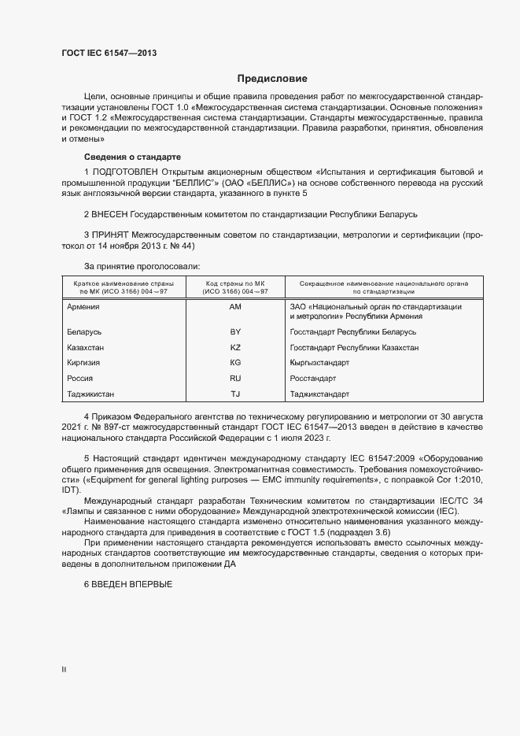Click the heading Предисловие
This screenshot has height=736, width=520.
coord(272,79)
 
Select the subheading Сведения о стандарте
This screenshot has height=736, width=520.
coord(132,157)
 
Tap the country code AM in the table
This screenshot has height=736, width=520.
coord(235,306)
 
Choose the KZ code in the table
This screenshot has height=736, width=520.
coord(235,348)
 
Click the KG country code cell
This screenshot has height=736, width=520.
coord(235,363)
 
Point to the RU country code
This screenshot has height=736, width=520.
coord(235,379)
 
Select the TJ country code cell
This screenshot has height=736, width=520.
coord(235,394)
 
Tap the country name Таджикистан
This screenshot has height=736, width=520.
coord(97,394)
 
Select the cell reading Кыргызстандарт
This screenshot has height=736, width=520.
coord(319,363)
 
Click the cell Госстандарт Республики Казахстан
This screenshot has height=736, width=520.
coord(354,348)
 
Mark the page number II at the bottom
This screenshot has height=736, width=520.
coord(64,669)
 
